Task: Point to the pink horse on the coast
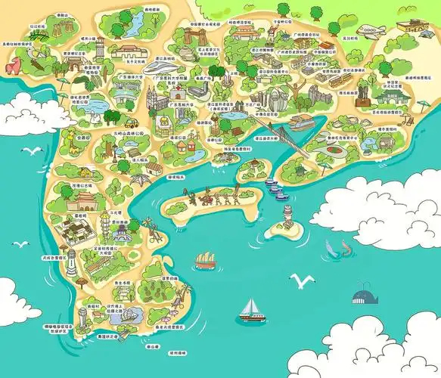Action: (x=11, y=66)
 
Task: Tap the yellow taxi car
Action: (x=130, y=122)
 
